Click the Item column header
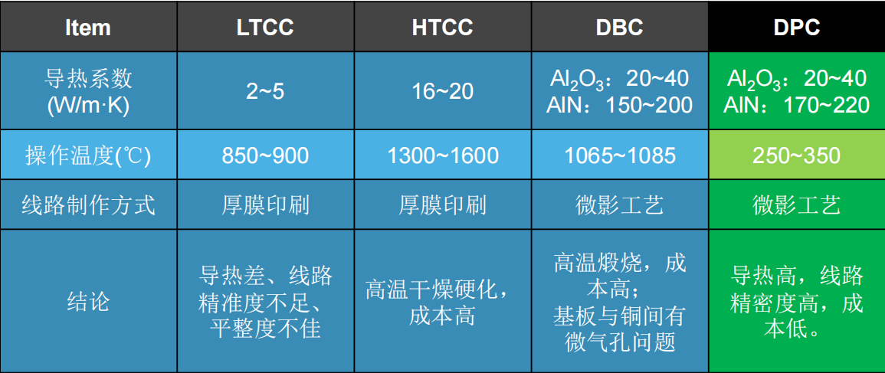point(88,27)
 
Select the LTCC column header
point(265,27)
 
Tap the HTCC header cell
point(443,27)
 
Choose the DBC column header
point(620,27)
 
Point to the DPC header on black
point(796,27)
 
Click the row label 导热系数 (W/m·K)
point(88,91)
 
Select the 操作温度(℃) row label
point(88,155)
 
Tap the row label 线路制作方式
point(88,204)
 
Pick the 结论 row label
point(88,302)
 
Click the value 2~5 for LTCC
point(265,91)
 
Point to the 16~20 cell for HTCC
point(443,91)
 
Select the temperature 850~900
point(265,155)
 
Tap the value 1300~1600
point(443,155)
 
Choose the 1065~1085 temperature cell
point(620,155)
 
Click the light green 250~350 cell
point(796,155)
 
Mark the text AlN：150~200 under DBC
point(620,105)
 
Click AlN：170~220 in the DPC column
point(796,105)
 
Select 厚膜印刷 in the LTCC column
point(265,205)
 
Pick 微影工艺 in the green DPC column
point(796,205)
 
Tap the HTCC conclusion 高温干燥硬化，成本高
point(443,303)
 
